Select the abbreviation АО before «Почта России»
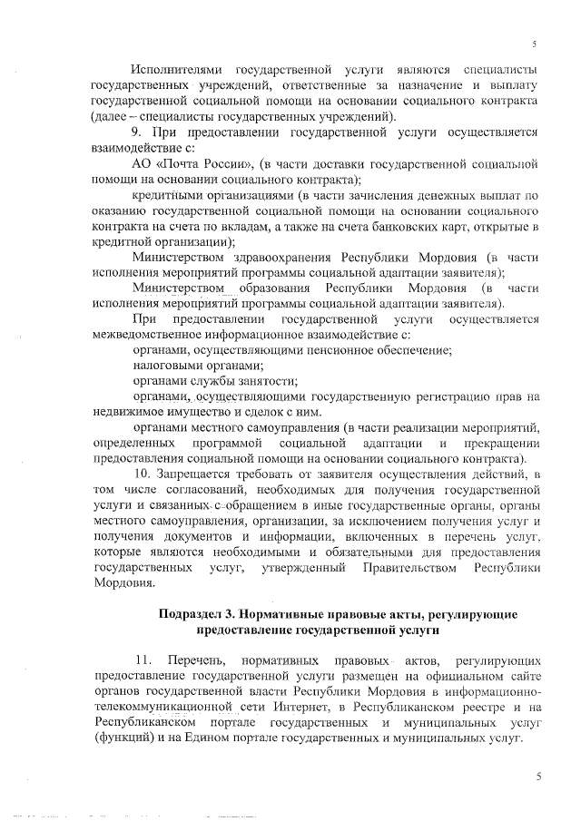[x=141, y=163]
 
